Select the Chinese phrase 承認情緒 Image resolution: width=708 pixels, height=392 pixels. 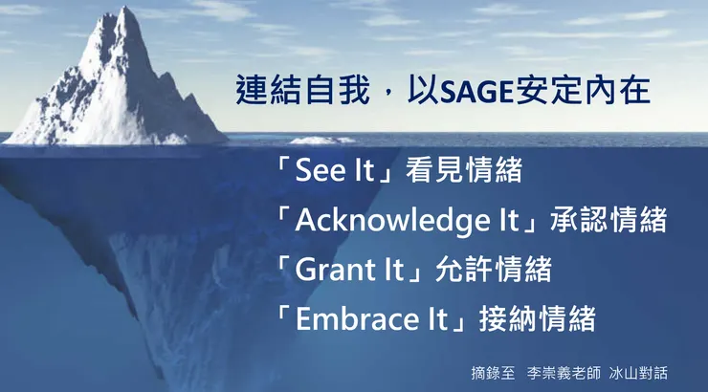coord(608,220)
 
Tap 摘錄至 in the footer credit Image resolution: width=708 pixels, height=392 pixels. coord(493,370)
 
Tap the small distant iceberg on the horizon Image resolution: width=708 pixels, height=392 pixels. coord(321,140)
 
